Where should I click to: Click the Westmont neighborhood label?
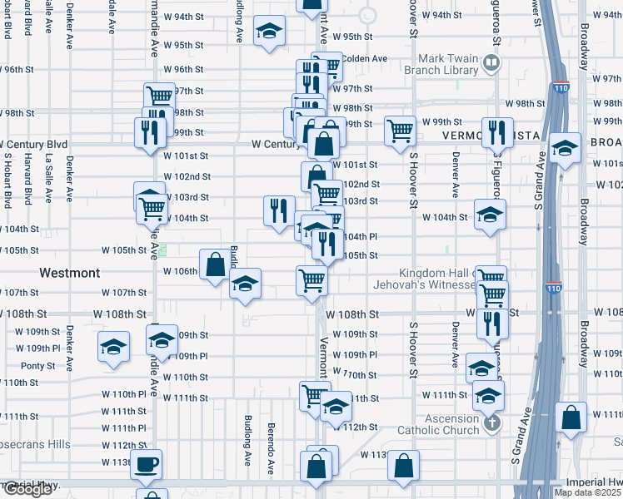coord(70,273)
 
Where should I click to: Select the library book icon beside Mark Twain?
coord(492,62)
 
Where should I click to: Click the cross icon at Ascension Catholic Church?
coord(492,422)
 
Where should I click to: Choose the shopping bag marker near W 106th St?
coord(215,264)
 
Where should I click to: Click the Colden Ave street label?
coord(367,58)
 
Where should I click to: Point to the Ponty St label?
coord(38,366)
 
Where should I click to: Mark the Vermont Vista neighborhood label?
coord(482,136)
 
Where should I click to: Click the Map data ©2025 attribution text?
coord(588,492)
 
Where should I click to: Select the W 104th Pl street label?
coord(361,236)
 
